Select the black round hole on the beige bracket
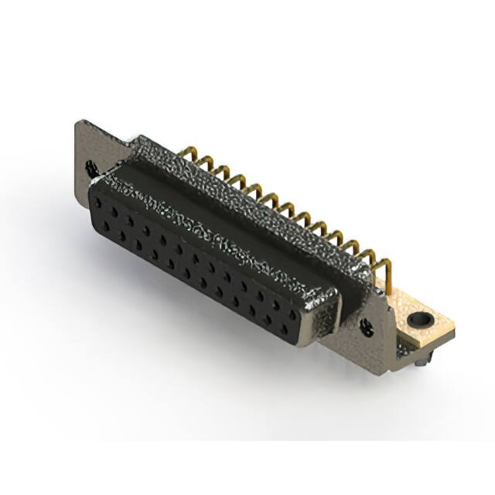pyautogui.click(x=422, y=318)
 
